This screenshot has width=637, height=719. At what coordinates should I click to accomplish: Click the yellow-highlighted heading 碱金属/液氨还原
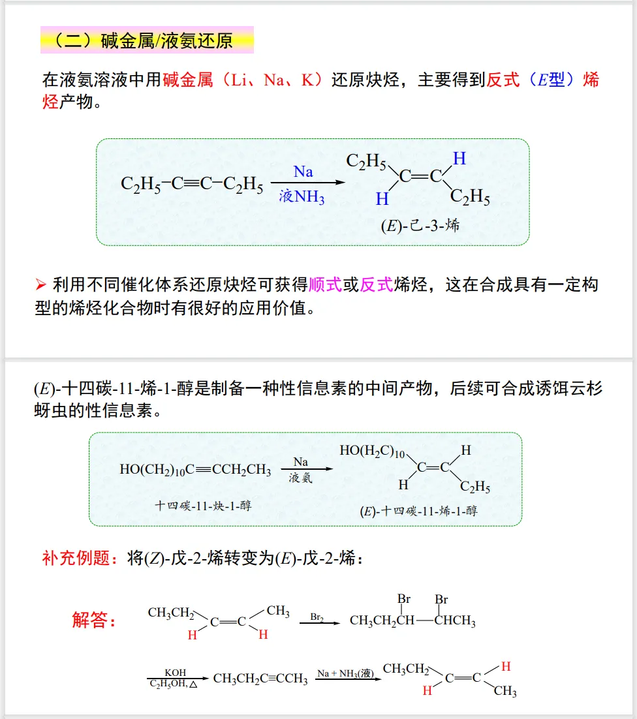click(x=147, y=40)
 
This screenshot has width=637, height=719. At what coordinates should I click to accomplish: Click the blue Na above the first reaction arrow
click(x=303, y=172)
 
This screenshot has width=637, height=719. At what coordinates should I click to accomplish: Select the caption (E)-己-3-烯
click(x=420, y=226)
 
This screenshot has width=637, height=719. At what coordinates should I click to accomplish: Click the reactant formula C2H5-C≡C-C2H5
click(x=192, y=185)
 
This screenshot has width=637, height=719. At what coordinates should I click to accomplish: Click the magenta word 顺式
click(x=326, y=284)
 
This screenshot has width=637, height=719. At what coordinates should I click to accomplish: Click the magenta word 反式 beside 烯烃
click(x=377, y=284)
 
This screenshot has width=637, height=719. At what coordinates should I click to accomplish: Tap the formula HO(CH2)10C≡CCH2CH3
click(x=195, y=470)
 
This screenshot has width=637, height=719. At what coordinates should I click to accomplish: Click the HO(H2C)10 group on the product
click(x=373, y=451)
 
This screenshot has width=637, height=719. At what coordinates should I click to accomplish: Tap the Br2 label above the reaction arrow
click(x=317, y=616)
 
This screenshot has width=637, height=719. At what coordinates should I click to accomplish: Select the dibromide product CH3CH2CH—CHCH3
click(x=412, y=620)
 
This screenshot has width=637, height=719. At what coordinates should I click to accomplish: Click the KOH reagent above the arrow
click(x=176, y=673)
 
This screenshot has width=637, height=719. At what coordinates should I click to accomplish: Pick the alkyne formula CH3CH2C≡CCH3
click(x=260, y=679)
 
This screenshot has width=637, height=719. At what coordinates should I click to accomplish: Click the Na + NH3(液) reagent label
click(x=346, y=673)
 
